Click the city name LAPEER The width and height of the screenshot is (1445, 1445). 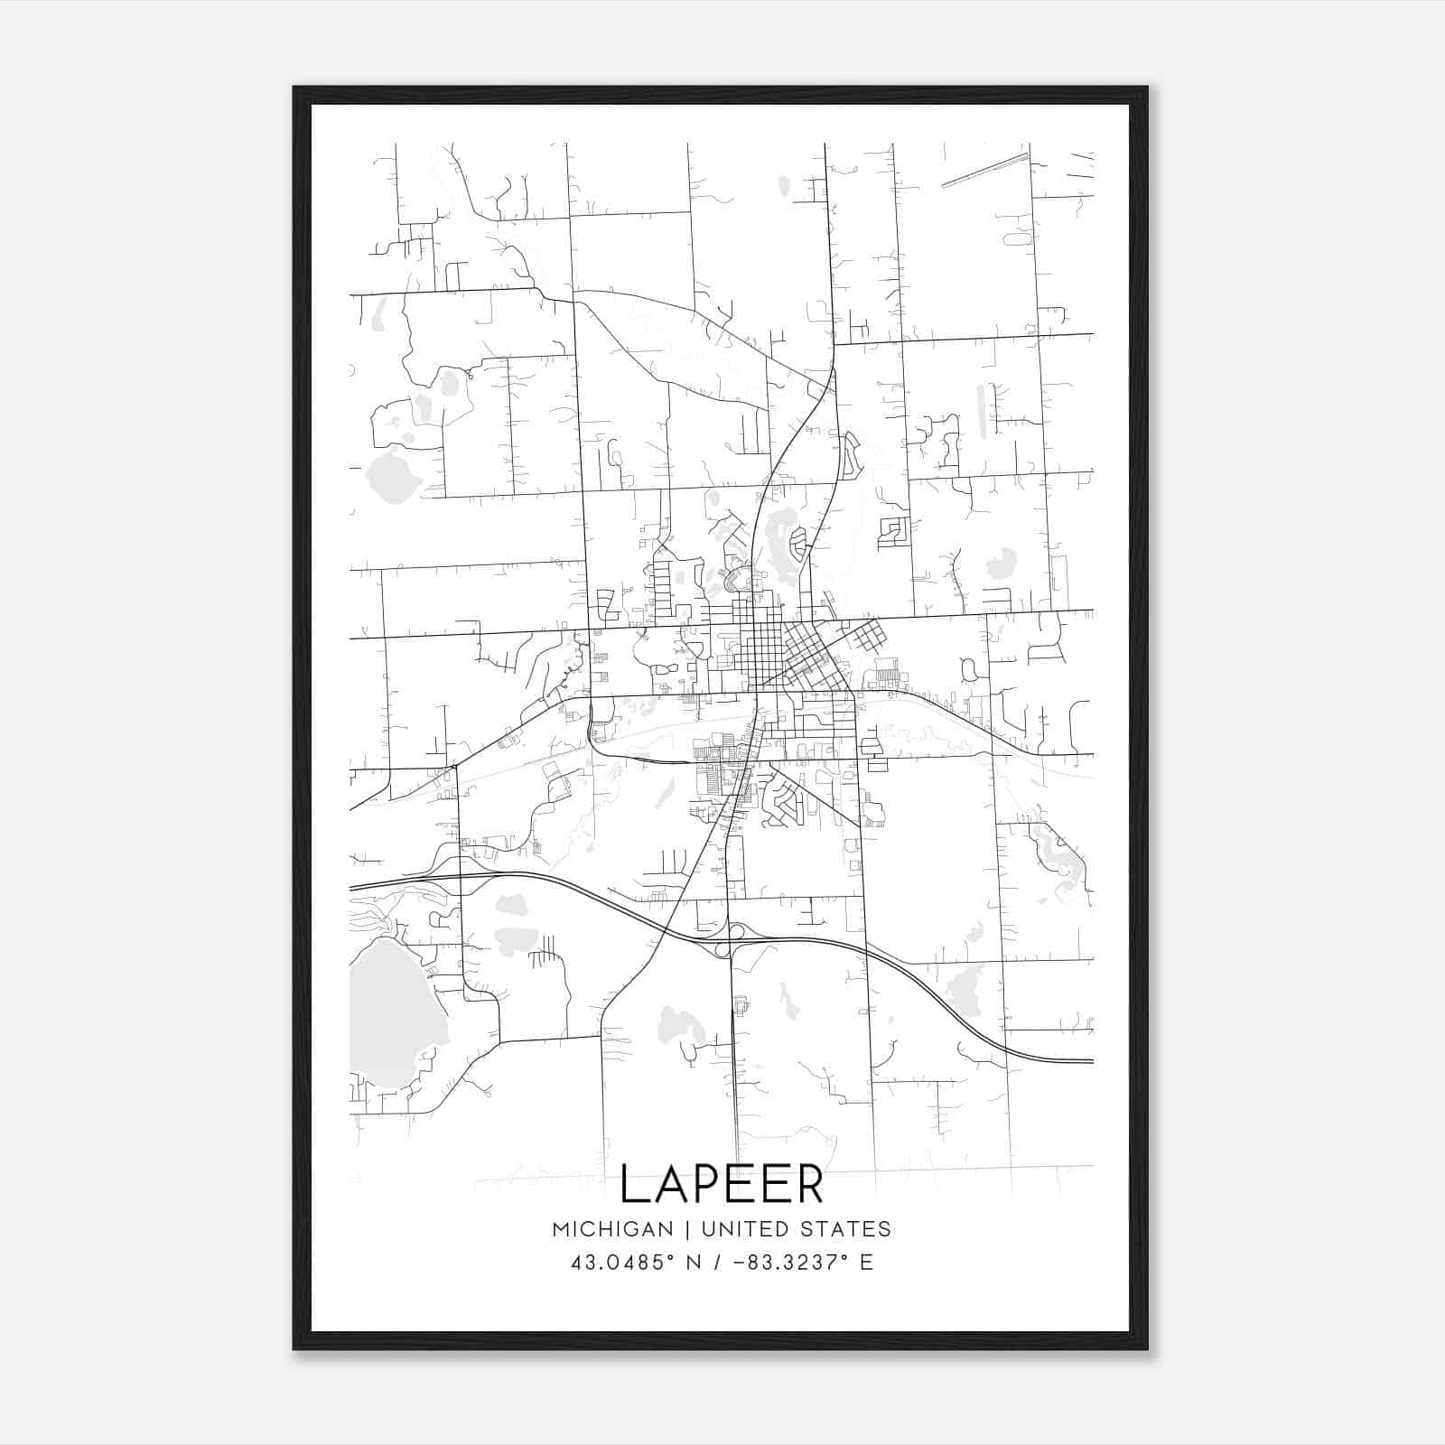[x=722, y=1184]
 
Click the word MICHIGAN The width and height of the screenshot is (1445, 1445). [x=612, y=1229]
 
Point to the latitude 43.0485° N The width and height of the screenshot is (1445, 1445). [x=636, y=1263]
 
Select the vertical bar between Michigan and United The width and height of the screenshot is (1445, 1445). [x=686, y=1229]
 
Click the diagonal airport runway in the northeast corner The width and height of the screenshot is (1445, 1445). [x=984, y=171]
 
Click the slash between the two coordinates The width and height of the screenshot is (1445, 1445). [x=716, y=1263]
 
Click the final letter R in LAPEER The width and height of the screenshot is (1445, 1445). [x=809, y=1184]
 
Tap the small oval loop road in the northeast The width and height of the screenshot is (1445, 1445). [x=1017, y=239]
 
